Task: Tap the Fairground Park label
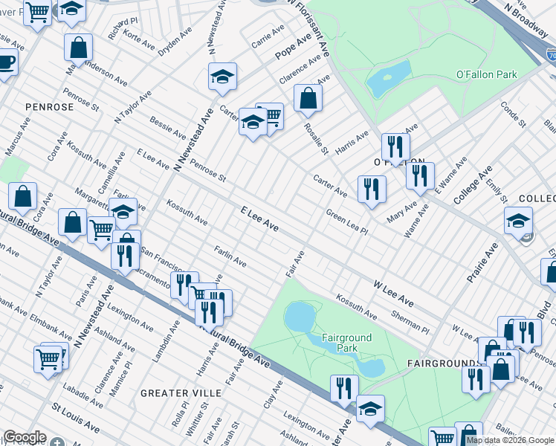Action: tap(346, 343)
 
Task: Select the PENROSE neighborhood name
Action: tap(49, 107)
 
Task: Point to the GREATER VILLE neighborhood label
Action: tap(181, 392)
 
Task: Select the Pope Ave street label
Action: tap(292, 46)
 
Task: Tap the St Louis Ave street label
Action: tap(75, 417)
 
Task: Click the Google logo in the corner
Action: tap(25, 437)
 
